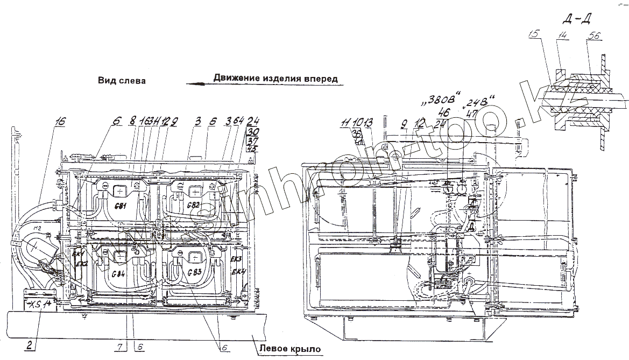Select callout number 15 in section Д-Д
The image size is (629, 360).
tap(534, 34)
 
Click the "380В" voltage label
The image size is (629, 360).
tap(436, 101)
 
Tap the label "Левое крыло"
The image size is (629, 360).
tap(290, 349)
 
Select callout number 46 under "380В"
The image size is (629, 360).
tap(444, 112)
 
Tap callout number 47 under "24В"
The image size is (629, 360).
tap(472, 114)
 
